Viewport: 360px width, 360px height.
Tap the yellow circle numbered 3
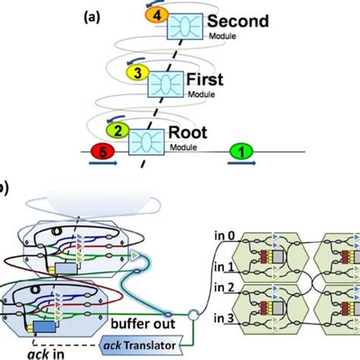[x=137, y=74]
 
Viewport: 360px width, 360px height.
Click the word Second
[x=237, y=21]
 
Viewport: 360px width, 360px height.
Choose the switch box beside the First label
[x=163, y=81]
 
